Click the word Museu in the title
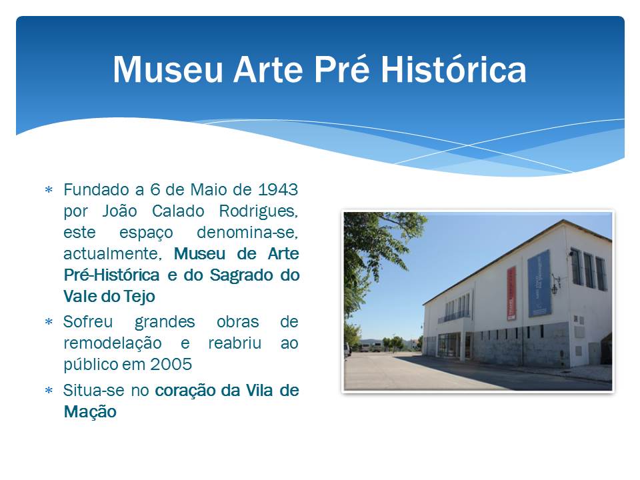(x=168, y=69)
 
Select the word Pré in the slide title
(x=341, y=69)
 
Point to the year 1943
(x=278, y=189)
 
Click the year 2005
(x=171, y=364)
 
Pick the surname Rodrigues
(x=259, y=211)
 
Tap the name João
(x=119, y=211)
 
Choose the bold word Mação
(x=90, y=412)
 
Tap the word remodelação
(x=113, y=343)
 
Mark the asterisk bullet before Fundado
(x=49, y=190)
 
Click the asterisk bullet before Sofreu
(x=49, y=322)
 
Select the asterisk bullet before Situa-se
(x=49, y=391)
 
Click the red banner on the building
(x=511, y=293)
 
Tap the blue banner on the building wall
(x=539, y=284)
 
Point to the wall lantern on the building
(x=555, y=285)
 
